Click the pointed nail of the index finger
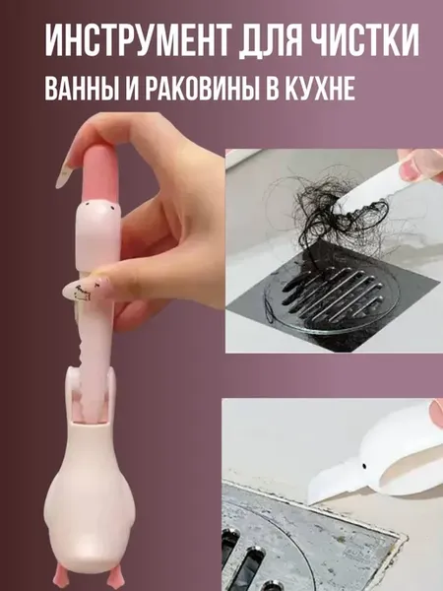[x=64, y=171]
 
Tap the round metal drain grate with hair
[x=331, y=297]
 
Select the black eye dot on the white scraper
[x=364, y=466]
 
